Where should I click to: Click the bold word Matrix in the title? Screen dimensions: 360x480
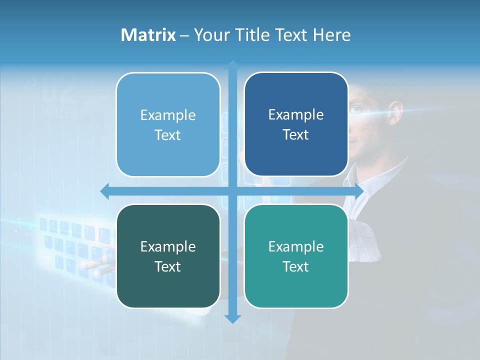pos(148,35)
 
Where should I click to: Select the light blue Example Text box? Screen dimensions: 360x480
pos(168,124)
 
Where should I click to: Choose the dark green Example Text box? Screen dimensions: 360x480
pos(168,256)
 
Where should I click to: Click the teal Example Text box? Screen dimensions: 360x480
pos(296,256)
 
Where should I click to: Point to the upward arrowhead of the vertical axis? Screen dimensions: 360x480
pos(232,65)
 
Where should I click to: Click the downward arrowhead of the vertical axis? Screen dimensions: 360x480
pos(232,318)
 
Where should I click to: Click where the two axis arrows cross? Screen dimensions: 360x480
pos(232,191)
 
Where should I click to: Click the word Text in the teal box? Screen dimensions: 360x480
pos(296,266)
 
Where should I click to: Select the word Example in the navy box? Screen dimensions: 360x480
pos(296,114)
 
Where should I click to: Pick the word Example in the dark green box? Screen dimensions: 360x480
pos(168,246)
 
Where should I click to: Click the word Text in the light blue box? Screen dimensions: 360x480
pos(168,135)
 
